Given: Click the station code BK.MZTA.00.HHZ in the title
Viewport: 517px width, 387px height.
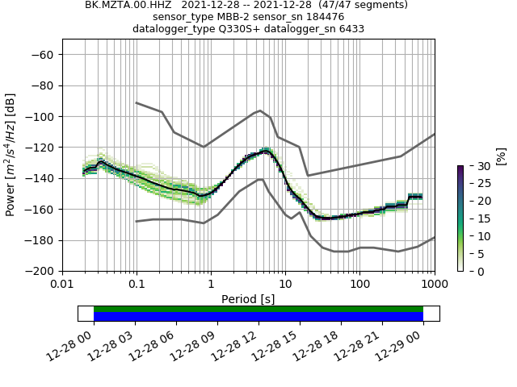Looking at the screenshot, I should [121, 5].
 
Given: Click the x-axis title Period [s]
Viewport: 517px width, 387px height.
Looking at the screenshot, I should [248, 299].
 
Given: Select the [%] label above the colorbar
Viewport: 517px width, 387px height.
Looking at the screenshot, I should [501, 155].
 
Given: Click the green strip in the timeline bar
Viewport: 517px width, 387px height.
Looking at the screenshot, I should [258, 309].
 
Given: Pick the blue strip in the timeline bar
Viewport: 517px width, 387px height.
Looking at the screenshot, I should [258, 317].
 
